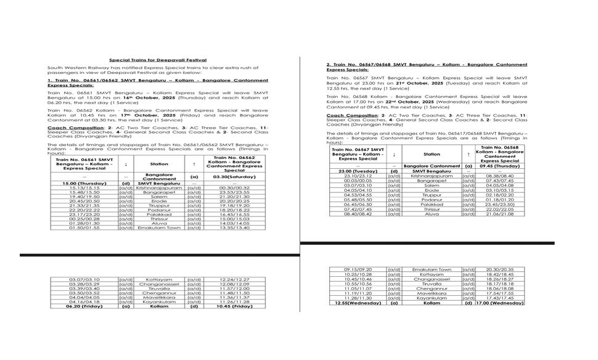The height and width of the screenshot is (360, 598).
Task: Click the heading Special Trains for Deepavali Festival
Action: pos(158,60)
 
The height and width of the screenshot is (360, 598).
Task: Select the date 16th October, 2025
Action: pos(141,97)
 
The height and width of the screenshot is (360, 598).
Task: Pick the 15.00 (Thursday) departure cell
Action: pos(84,183)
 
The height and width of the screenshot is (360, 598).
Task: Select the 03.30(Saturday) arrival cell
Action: pos(234,177)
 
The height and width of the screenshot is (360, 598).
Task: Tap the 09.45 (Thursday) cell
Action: pos(500,166)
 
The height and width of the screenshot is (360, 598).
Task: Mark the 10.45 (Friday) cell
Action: pos(234,306)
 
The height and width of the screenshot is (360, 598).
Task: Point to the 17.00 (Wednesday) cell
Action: pos(500,303)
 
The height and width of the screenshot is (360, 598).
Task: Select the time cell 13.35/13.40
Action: pos(234,227)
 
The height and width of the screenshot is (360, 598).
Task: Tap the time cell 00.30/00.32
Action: pos(234,188)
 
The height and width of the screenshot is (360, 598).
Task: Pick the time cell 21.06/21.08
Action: pos(500,214)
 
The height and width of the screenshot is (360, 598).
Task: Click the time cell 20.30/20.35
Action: pos(500,269)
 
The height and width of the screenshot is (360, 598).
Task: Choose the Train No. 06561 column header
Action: pos(84,163)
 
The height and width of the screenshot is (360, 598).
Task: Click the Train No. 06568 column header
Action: pos(500,154)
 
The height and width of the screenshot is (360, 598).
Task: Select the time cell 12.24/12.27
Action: pos(234,279)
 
